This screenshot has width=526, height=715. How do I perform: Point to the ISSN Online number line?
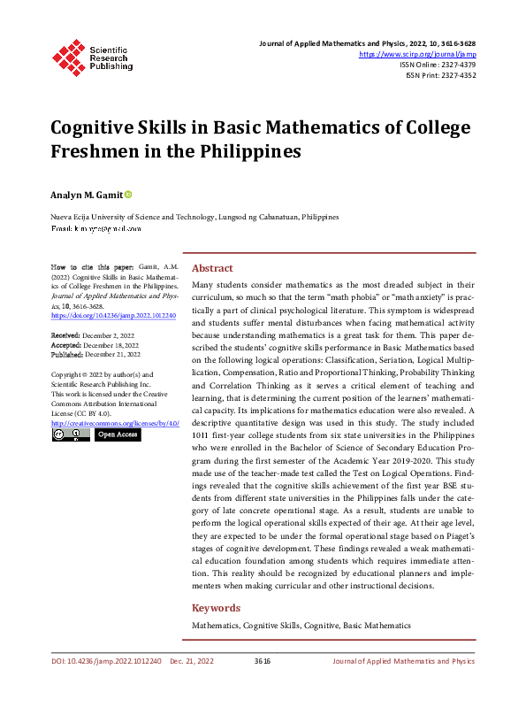438,65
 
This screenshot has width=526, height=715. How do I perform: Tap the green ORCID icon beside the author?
128,194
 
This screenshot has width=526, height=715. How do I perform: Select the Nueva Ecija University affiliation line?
194,217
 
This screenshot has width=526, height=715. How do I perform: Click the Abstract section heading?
212,268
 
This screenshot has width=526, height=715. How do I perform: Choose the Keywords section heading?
216,608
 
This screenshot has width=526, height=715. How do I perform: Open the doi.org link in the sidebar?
113,315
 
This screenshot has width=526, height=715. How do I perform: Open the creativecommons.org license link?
115,424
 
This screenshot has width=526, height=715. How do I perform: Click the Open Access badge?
118,434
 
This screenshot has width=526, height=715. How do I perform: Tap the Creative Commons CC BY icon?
71,434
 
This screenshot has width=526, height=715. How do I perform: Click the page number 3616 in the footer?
262,661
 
